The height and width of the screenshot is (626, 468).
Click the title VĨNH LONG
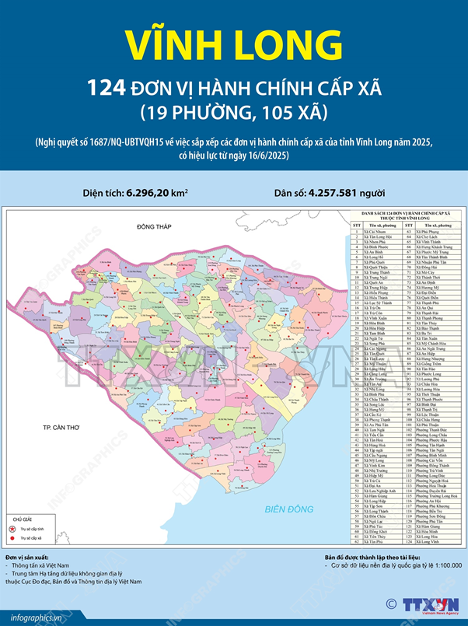tap(233, 44)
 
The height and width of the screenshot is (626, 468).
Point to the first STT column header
tap(357, 224)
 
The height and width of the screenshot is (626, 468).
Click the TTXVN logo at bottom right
tap(431, 604)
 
